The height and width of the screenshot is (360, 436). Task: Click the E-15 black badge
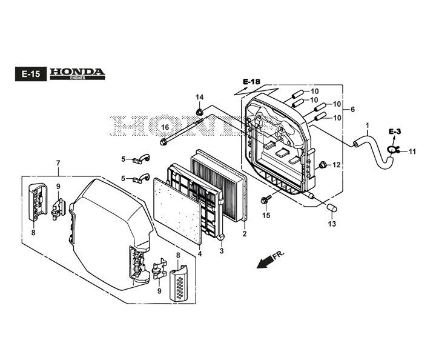click(x=31, y=74)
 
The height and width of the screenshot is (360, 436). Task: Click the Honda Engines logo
click(x=78, y=74)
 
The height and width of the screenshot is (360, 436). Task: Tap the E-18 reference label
click(x=252, y=81)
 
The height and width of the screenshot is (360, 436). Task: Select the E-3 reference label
click(x=395, y=132)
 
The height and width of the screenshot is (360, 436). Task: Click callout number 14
click(x=199, y=97)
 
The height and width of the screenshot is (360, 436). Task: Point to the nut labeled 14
click(x=199, y=112)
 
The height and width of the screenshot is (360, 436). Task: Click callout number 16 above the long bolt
click(x=165, y=127)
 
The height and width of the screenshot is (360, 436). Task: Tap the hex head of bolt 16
click(x=163, y=142)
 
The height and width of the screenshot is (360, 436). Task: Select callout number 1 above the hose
click(x=367, y=125)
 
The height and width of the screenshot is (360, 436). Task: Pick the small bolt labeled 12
click(x=323, y=164)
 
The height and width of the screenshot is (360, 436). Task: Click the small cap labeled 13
click(x=331, y=208)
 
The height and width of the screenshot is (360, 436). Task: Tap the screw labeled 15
click(x=266, y=199)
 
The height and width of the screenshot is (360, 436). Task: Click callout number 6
click(x=352, y=110)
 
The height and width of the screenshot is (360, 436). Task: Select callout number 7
click(x=58, y=163)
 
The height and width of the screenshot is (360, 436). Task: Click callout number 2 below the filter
click(x=245, y=234)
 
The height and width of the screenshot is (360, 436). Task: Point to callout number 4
click(x=200, y=254)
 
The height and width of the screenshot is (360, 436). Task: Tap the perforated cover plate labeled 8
click(x=178, y=283)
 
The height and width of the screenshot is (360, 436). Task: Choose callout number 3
click(x=222, y=251)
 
